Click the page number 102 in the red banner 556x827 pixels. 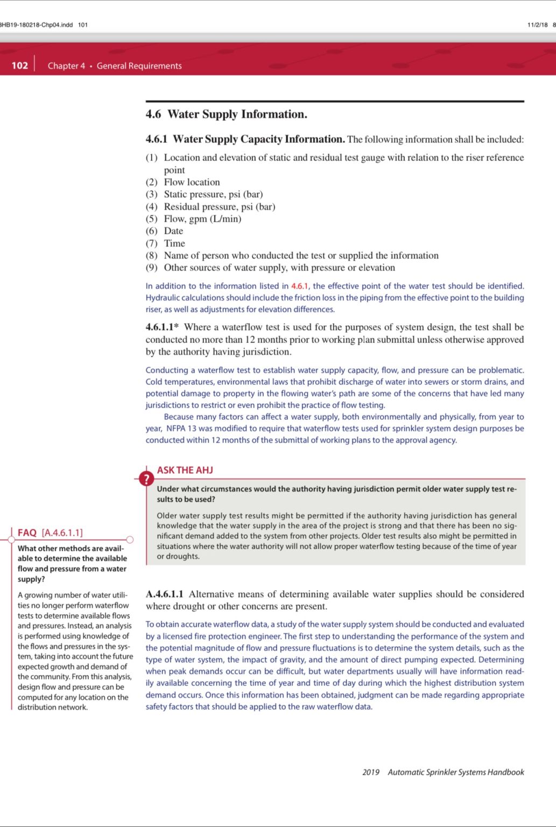tap(19, 66)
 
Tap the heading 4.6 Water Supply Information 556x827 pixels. tap(226, 114)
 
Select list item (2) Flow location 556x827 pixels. tap(183, 182)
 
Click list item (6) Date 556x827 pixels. tap(165, 231)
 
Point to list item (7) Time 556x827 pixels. tap(166, 243)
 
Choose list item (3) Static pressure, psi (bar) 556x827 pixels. tap(205, 194)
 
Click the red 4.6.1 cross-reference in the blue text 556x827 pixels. tap(300, 286)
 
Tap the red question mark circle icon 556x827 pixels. tap(146, 478)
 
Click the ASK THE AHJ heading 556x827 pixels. tap(185, 470)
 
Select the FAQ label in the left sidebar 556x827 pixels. tap(27, 532)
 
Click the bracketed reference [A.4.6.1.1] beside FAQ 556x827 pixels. tap(62, 532)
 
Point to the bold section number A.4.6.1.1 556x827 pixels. tap(164, 594)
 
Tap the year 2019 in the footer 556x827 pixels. tap(370, 772)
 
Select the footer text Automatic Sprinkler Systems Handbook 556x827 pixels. tap(455, 772)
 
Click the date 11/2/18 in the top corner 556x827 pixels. tap(537, 25)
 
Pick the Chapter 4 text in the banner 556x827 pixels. tap(66, 66)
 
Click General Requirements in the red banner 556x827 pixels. tap(139, 66)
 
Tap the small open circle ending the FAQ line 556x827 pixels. tap(130, 539)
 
